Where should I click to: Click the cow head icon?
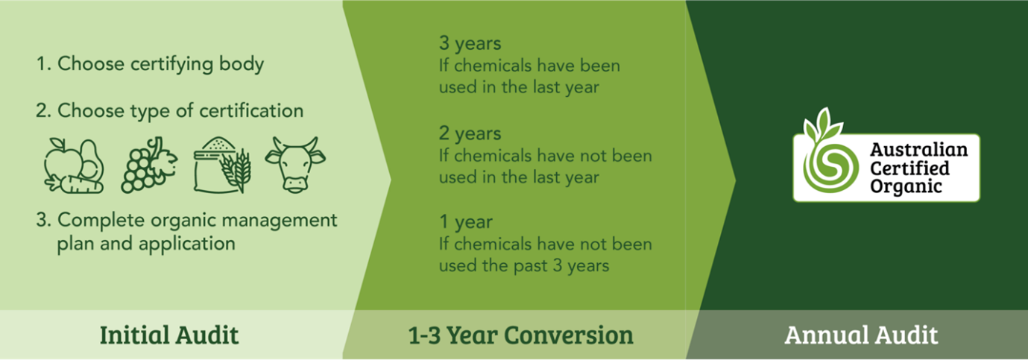point(295,165)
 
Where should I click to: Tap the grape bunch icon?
point(149,165)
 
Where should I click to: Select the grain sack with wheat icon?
point(222,165)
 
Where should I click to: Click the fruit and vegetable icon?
point(74,165)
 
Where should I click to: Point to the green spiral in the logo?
point(830,166)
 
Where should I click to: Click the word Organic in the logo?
point(906,186)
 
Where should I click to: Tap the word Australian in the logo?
point(918,150)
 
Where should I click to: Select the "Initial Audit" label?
point(169,335)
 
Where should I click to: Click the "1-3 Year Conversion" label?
point(521,335)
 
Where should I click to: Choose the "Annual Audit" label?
point(861,335)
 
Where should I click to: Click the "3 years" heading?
point(470,43)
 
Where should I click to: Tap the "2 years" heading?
point(470,133)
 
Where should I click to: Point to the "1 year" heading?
point(466,222)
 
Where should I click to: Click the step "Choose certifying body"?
point(150,64)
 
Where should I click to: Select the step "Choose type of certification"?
point(170,111)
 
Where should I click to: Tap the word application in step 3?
point(187,244)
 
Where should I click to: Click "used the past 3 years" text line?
point(524,266)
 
